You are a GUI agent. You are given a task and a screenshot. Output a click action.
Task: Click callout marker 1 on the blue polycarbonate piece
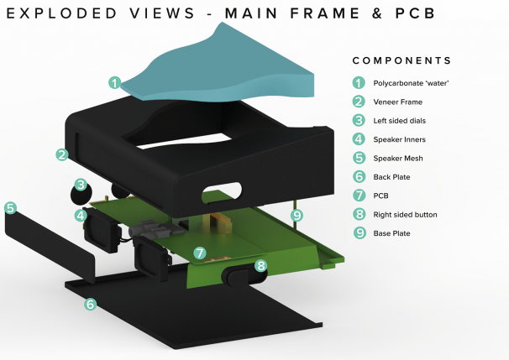(x=115, y=82)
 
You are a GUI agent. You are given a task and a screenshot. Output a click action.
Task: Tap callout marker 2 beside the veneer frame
(x=62, y=154)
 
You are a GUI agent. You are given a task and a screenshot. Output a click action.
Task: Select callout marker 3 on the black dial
(x=81, y=185)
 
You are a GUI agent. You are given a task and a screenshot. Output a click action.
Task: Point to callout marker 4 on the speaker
(x=81, y=216)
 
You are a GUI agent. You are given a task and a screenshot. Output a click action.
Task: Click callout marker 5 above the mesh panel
(x=10, y=207)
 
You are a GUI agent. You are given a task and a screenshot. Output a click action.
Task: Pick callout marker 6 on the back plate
(x=90, y=305)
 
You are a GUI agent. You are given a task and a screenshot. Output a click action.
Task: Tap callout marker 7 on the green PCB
(x=199, y=252)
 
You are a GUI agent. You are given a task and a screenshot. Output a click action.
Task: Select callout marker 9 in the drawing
(x=296, y=216)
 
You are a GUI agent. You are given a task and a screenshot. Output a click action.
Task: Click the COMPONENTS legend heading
(x=401, y=61)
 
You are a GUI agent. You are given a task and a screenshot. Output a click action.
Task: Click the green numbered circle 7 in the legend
(x=359, y=196)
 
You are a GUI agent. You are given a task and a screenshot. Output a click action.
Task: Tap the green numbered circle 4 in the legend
(x=359, y=139)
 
